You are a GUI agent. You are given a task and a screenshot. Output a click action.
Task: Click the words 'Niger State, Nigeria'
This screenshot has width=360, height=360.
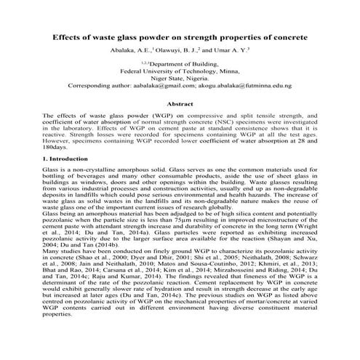[x=180, y=79]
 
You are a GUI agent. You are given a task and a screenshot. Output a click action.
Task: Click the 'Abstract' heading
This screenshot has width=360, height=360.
[x=180, y=104]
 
